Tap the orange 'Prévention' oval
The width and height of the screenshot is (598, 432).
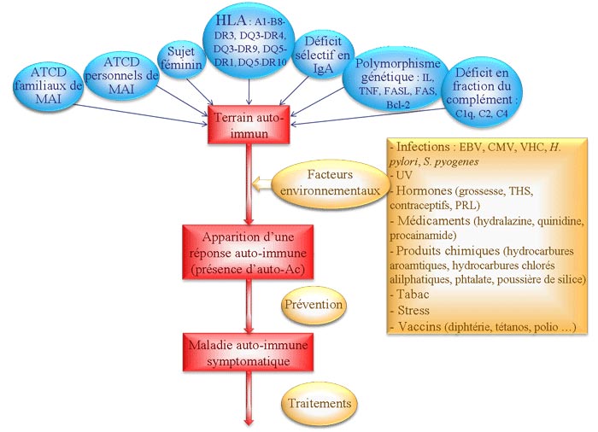(x=313, y=305)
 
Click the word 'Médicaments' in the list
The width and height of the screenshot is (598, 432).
(x=431, y=219)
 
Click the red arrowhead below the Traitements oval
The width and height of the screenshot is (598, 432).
(x=249, y=420)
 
